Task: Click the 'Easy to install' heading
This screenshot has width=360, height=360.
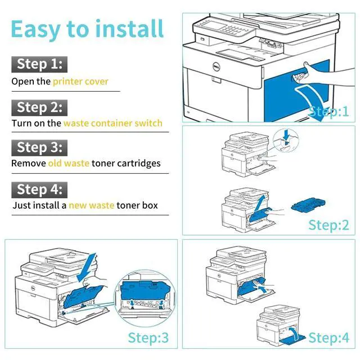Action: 87,29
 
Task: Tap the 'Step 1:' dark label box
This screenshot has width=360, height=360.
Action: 39,64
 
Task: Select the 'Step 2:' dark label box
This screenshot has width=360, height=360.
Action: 39,107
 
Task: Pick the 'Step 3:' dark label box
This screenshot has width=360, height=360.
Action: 39,147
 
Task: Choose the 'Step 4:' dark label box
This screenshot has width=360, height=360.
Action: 39,189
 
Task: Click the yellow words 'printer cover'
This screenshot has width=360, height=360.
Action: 80,82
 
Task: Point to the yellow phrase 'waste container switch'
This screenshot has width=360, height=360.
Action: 112,123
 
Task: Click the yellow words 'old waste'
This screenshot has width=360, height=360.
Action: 69,164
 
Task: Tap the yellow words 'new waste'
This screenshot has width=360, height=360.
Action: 92,206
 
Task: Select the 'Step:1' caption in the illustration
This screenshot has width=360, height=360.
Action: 329,111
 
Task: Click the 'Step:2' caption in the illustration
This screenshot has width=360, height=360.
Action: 328,226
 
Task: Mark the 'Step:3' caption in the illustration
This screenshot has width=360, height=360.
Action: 148,338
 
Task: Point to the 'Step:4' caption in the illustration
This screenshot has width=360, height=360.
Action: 328,338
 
